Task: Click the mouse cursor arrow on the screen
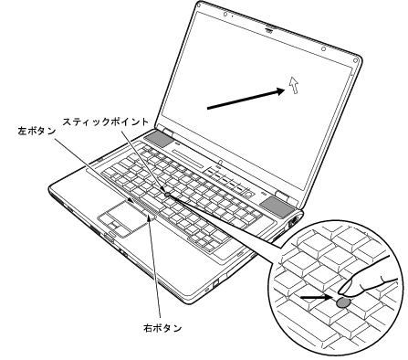click(x=293, y=85)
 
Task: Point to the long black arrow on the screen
click(x=242, y=98)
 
